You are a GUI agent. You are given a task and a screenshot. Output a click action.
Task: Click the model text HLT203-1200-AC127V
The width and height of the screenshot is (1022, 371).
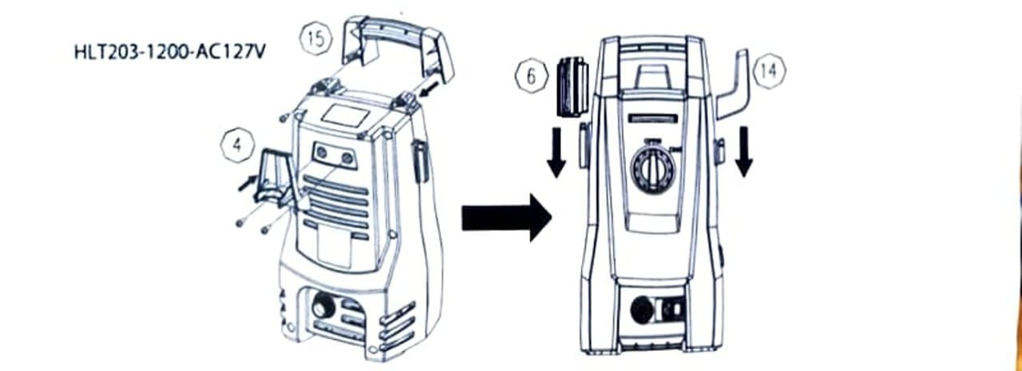(x=169, y=52)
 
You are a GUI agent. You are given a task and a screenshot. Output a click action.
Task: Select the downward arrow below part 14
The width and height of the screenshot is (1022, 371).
(x=744, y=151)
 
